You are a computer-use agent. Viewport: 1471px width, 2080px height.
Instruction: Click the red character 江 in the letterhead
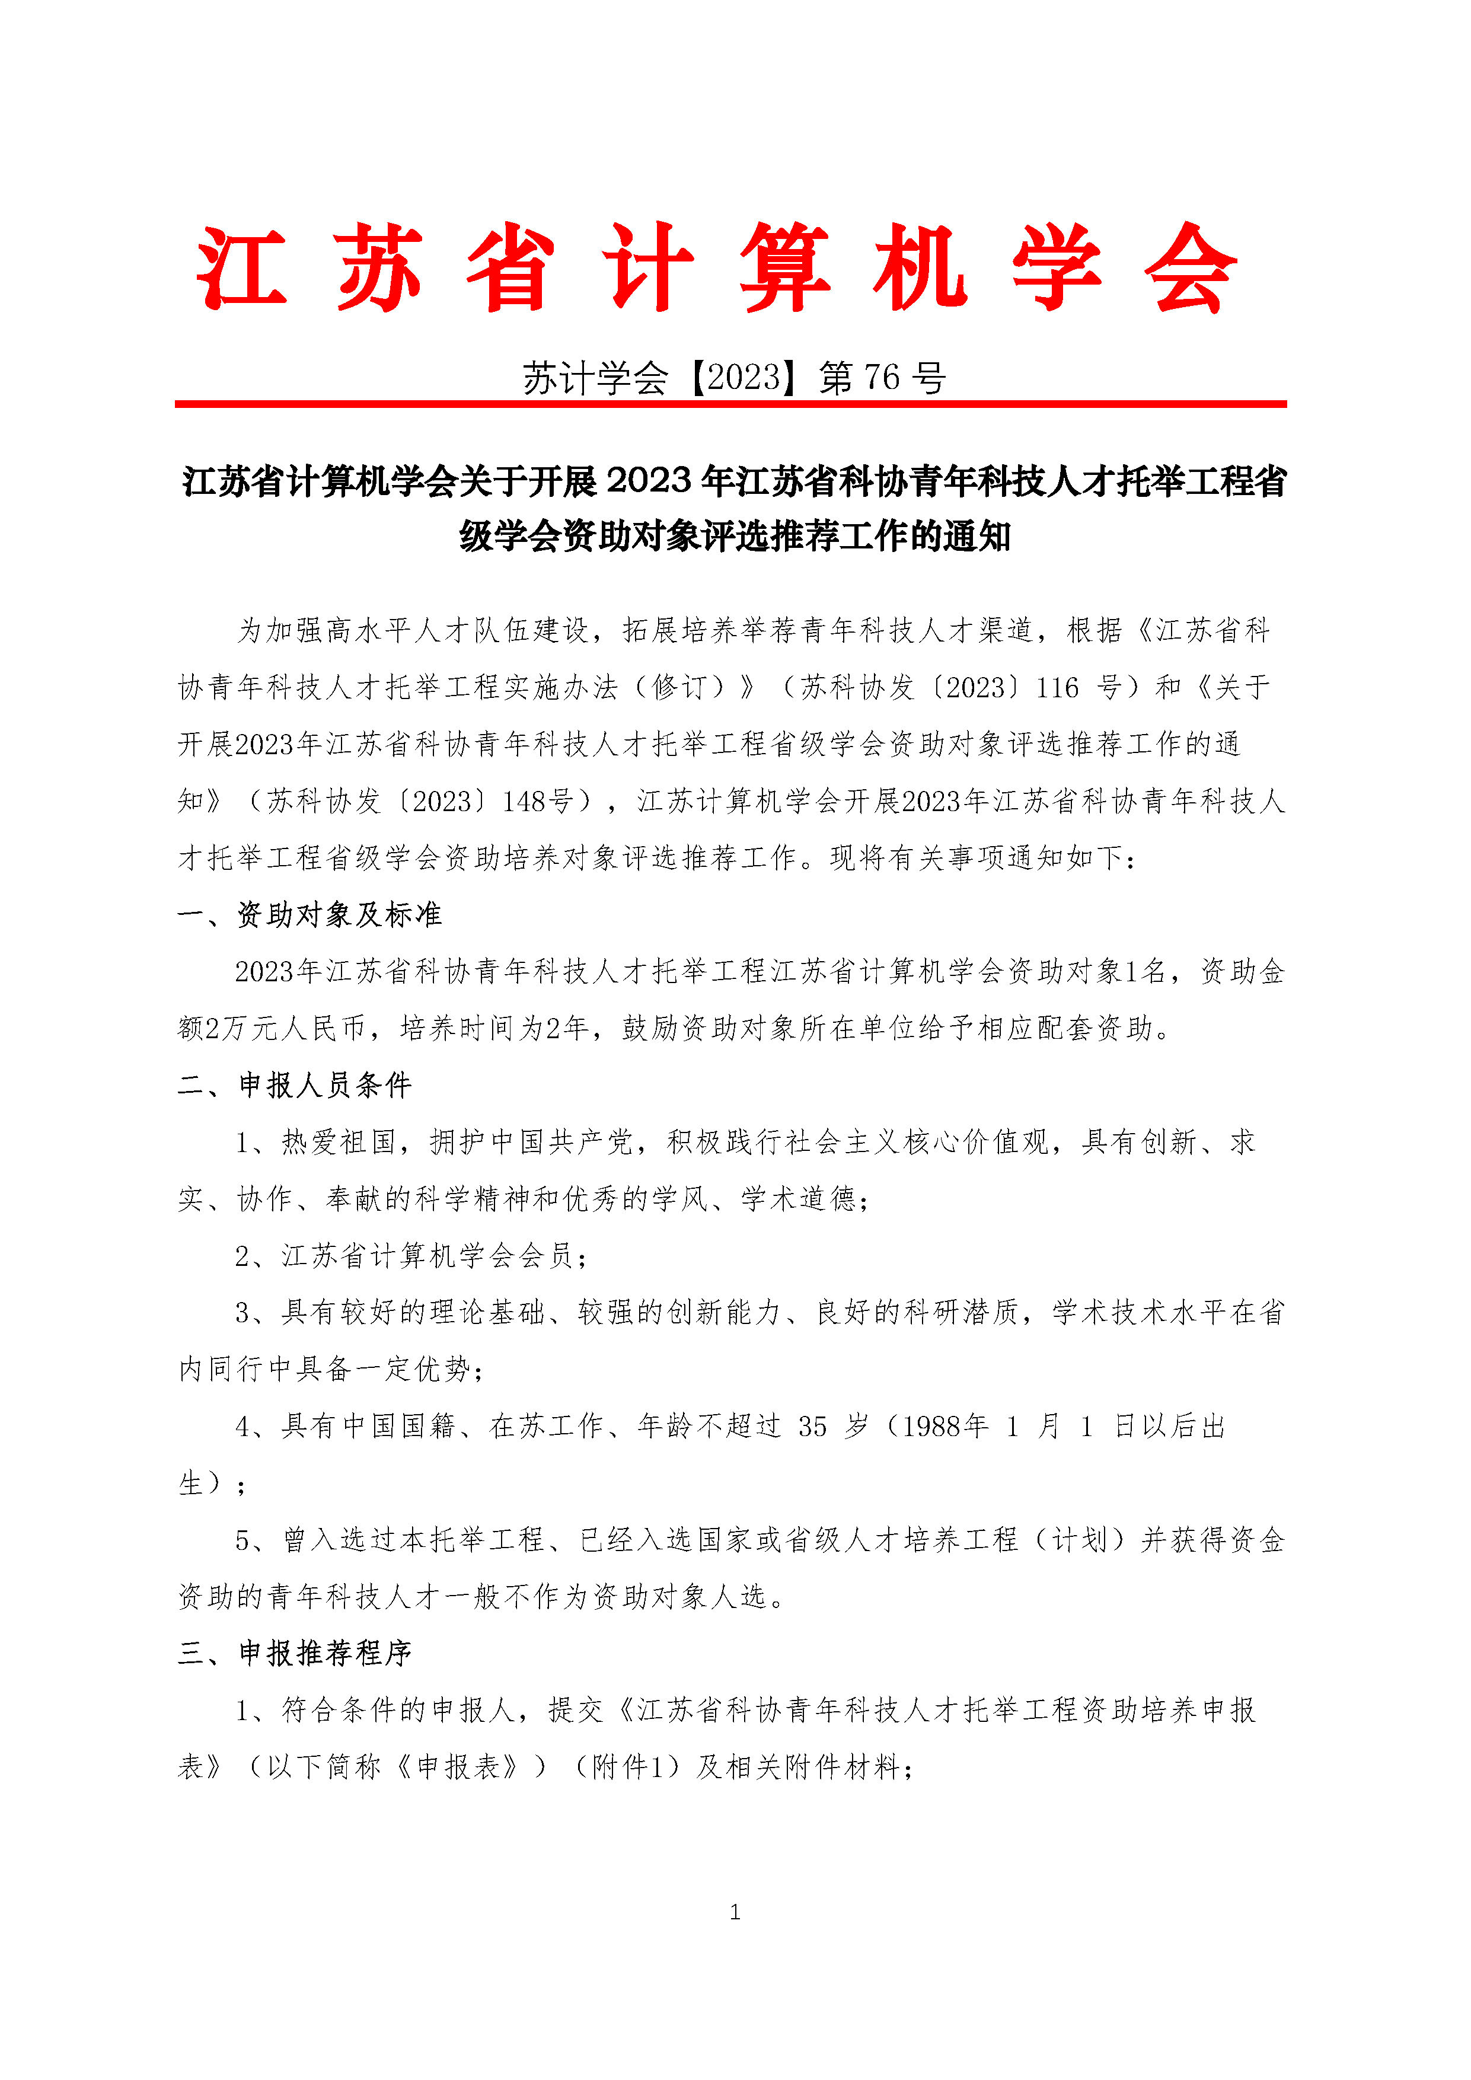click(x=242, y=268)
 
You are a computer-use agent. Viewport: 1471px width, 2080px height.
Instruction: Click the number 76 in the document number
click(x=881, y=378)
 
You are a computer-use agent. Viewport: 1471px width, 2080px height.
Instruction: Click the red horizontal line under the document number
click(x=730, y=404)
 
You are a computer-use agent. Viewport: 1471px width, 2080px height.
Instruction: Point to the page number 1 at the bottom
click(x=735, y=1912)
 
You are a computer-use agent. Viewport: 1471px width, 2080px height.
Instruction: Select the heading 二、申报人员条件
click(x=295, y=1085)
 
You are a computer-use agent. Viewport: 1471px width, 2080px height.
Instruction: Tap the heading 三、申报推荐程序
click(x=295, y=1653)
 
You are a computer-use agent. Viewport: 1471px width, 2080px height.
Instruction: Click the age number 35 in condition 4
click(x=812, y=1427)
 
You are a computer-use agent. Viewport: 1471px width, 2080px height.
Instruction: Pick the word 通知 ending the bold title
click(x=977, y=537)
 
